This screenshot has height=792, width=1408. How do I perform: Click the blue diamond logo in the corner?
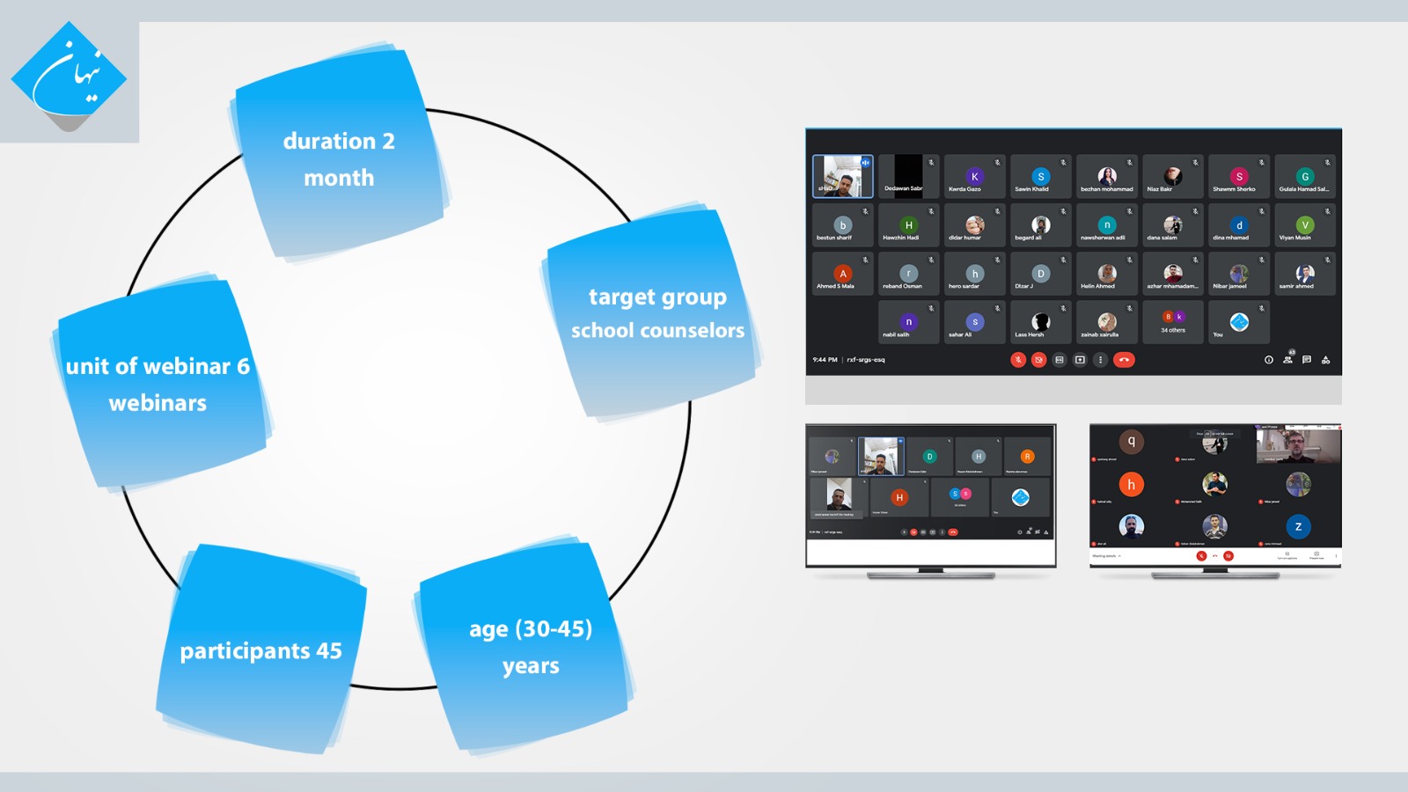pos(69,77)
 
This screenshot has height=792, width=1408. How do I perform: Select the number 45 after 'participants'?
pos(329,651)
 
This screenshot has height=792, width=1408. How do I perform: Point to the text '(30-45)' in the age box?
pos(554,629)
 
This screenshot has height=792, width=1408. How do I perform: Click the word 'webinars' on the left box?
pos(158,403)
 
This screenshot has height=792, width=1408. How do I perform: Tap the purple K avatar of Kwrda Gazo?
pos(974,176)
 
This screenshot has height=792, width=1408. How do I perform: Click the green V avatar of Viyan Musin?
pos(1305,224)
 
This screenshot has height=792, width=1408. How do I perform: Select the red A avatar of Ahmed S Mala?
pos(842,274)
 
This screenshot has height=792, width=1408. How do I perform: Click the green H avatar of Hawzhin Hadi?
pos(908,224)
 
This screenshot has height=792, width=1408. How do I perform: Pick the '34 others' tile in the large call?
pos(1173,321)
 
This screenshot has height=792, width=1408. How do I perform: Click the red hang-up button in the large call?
pos(1124,360)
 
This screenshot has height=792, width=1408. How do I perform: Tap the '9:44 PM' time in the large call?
pos(825,360)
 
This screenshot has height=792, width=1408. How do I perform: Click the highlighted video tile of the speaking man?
pos(842,176)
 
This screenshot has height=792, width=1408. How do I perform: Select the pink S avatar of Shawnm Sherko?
pos(1239,176)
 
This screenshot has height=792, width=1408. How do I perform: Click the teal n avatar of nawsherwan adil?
pos(1107,224)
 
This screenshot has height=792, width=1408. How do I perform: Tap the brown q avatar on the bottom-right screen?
pos(1131,441)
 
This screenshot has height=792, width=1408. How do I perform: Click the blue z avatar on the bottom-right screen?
pos(1298,526)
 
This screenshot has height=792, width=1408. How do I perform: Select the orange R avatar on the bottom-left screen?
pos(1027,456)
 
